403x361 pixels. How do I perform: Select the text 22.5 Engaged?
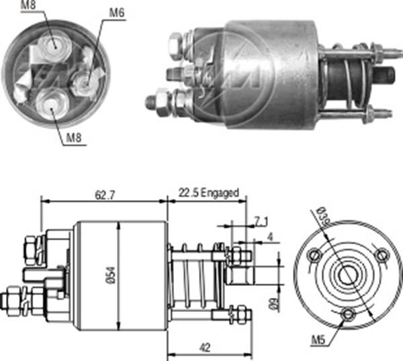point(208,193)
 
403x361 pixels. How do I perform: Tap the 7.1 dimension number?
point(261,221)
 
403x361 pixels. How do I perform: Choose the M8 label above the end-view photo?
point(29,6)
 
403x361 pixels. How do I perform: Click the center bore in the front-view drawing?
point(348,275)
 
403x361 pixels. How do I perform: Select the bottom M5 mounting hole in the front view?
point(348,315)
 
